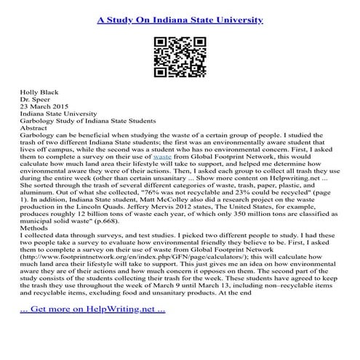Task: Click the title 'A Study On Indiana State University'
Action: [180, 16]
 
